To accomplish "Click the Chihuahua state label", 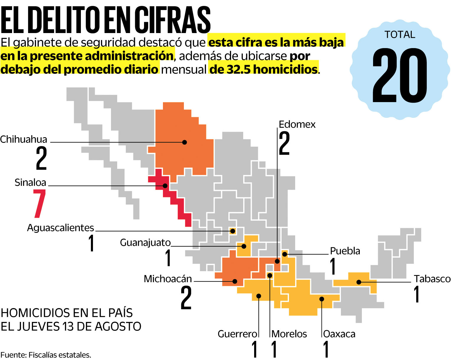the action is (x=24, y=139).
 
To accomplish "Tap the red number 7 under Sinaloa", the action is (x=39, y=204).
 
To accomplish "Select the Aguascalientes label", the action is (x=60, y=228).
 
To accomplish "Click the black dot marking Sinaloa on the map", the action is (x=165, y=186).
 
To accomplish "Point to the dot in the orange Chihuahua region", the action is (x=184, y=142).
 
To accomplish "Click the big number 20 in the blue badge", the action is (x=400, y=76).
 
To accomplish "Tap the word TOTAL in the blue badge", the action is (x=400, y=35).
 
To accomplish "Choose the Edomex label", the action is (x=297, y=125).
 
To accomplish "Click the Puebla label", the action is (x=345, y=251).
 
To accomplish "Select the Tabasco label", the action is (x=432, y=279).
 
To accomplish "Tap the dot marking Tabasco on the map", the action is (x=359, y=282).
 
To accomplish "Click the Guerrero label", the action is (x=237, y=334).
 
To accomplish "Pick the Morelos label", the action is (x=289, y=334).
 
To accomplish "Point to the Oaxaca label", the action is (x=339, y=334).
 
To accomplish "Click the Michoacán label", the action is (x=168, y=279).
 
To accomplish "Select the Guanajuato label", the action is (x=145, y=243).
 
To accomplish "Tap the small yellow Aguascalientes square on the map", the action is (x=233, y=231).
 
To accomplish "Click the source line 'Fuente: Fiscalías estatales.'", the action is (x=46, y=355).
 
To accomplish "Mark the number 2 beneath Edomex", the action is (x=285, y=143).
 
